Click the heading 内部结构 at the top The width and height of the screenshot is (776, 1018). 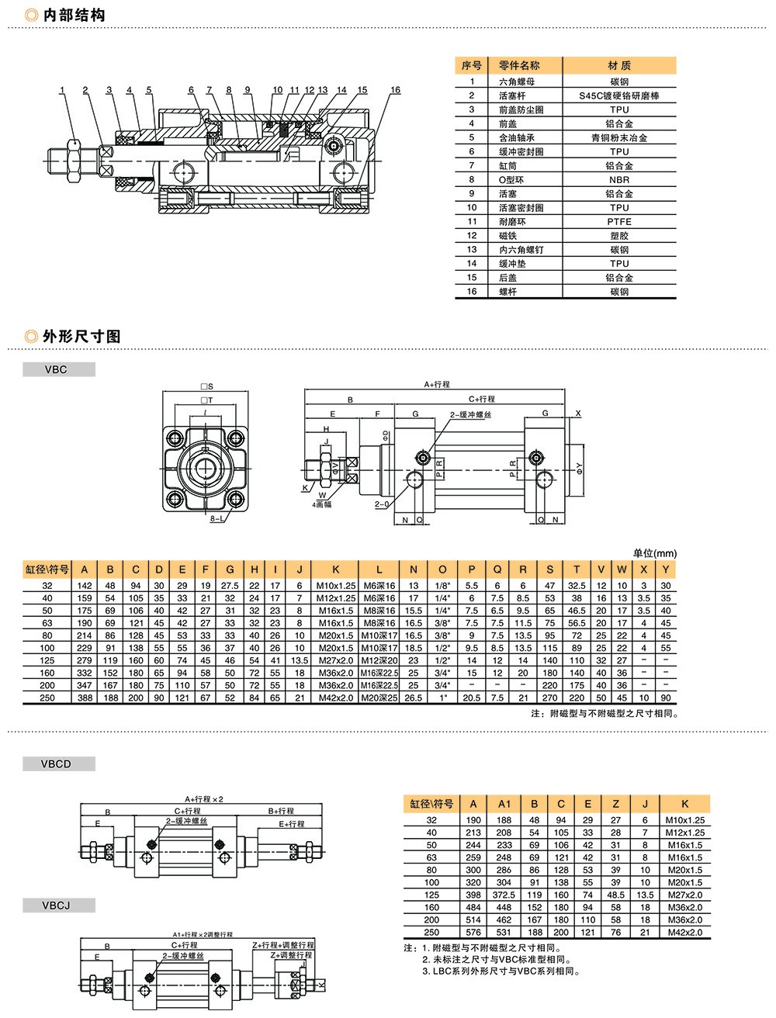(74, 15)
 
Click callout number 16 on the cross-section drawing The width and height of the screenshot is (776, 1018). (395, 90)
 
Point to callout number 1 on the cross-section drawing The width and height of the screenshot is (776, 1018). (62, 90)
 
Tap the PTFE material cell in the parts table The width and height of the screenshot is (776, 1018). (619, 222)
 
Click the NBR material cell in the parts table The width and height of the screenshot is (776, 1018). (619, 180)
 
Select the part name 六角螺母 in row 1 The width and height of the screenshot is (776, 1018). (516, 81)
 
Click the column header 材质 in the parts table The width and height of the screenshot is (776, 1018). (619, 65)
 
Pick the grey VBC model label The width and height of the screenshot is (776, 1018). (57, 370)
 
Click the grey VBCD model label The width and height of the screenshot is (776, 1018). (57, 764)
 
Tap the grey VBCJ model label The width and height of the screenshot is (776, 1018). (57, 905)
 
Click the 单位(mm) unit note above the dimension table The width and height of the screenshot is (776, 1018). (654, 553)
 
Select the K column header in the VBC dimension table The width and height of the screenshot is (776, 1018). (335, 570)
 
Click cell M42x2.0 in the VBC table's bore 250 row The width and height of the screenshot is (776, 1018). (335, 698)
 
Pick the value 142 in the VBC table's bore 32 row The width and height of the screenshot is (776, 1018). (85, 586)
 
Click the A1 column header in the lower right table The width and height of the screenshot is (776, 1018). (504, 804)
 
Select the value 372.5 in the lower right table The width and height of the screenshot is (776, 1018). (504, 895)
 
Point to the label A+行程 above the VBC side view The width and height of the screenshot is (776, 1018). (437, 384)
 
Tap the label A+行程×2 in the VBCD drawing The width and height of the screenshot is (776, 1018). (204, 799)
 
